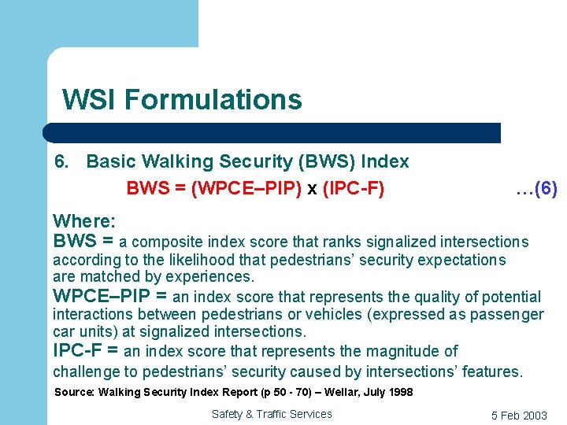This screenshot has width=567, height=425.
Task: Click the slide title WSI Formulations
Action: click(182, 100)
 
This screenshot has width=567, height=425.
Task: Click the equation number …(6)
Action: click(536, 189)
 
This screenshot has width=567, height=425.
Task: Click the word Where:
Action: click(84, 222)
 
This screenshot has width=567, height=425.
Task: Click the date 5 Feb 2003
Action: click(519, 416)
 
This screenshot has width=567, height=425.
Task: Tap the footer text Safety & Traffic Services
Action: click(272, 414)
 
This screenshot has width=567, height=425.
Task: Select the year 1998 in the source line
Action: click(397, 392)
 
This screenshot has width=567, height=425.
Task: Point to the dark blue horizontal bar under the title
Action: click(272, 132)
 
